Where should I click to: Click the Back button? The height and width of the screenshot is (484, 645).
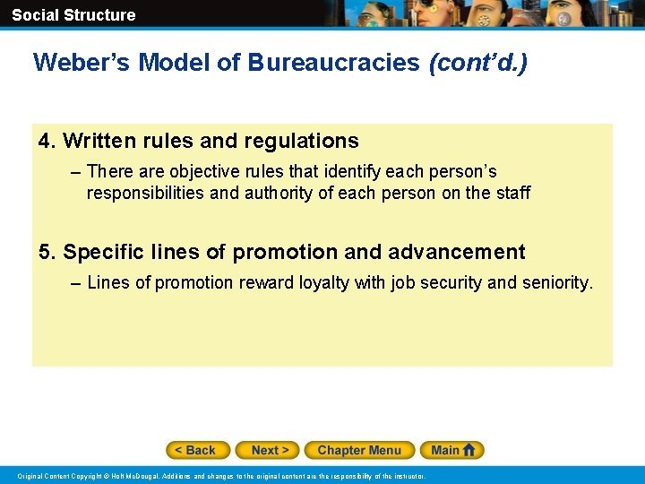198,450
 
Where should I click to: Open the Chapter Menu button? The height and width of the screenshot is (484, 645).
359,450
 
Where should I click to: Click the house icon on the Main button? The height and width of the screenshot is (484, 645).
470,450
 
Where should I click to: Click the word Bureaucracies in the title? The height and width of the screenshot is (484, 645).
333,63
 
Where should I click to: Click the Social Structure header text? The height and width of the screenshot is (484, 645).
73,14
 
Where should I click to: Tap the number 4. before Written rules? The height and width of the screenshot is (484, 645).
47,141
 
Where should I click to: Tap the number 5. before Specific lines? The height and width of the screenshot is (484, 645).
47,252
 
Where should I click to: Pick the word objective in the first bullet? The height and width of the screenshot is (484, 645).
200,171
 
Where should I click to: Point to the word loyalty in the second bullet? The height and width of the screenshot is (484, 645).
322,283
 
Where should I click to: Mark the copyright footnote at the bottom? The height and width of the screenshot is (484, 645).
222,476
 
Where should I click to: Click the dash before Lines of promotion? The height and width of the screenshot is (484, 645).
74,283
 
